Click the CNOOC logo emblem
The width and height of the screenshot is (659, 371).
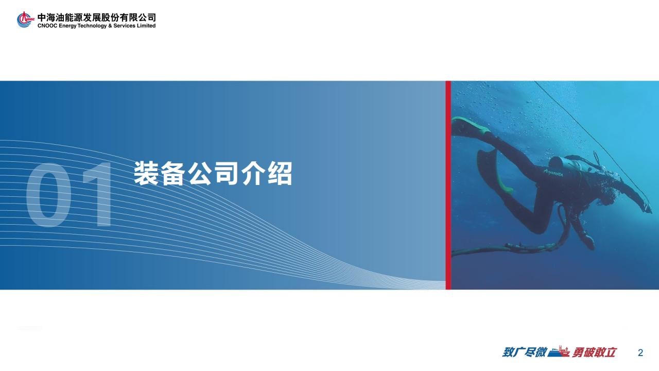(x=25, y=20)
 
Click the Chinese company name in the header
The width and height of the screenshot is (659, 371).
(x=96, y=18)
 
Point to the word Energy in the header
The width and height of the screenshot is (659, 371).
(x=67, y=26)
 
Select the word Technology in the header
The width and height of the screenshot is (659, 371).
(x=92, y=26)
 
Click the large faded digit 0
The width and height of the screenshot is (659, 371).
(x=48, y=195)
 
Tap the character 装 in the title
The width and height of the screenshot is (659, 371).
(x=147, y=173)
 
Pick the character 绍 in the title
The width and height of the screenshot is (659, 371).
(x=280, y=173)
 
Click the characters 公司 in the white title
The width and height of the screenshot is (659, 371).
(x=213, y=173)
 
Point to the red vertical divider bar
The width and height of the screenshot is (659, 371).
(x=448, y=185)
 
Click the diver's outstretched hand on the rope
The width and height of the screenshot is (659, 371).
(x=648, y=207)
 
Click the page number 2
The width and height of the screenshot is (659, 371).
(x=640, y=353)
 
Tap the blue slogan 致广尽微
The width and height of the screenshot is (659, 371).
(x=525, y=352)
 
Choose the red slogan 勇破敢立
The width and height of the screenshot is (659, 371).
(x=594, y=352)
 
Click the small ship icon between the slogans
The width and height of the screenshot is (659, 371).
(x=559, y=351)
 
